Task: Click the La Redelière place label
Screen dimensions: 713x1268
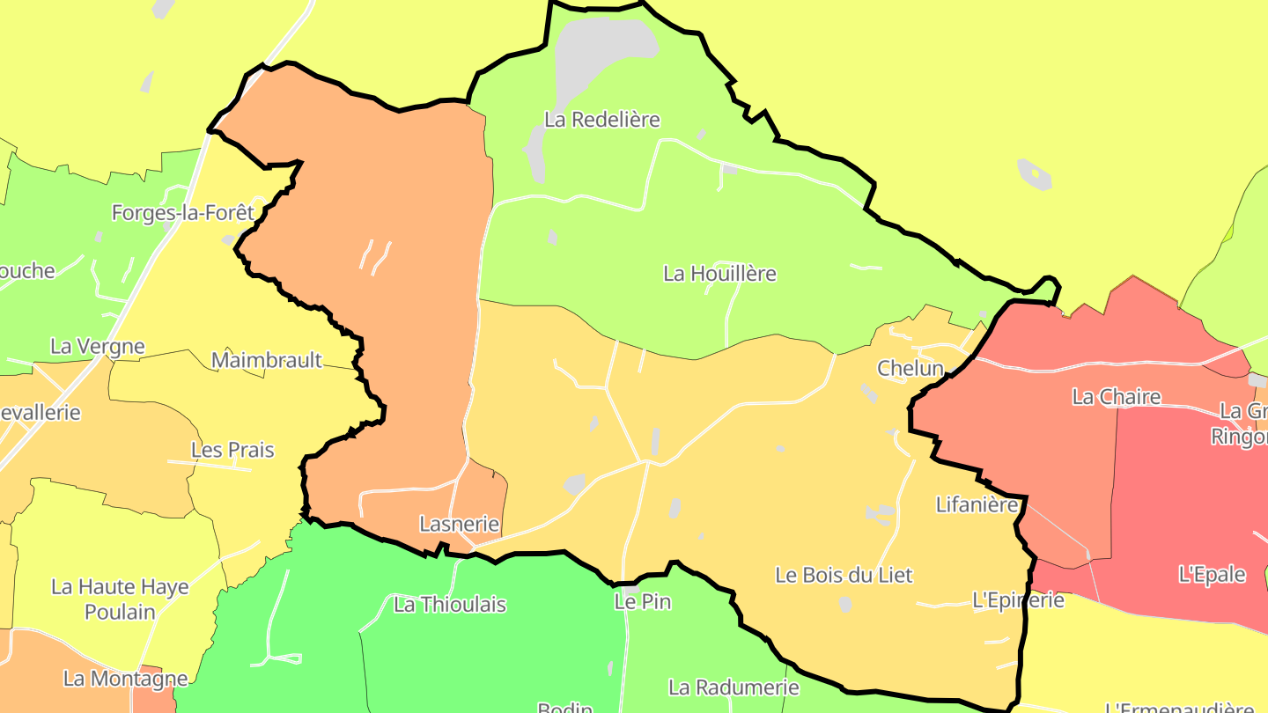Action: (601, 120)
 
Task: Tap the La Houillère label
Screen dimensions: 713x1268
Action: (719, 274)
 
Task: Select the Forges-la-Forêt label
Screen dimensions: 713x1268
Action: (183, 212)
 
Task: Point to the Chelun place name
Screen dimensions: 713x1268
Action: (910, 369)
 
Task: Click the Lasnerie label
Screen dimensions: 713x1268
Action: (459, 525)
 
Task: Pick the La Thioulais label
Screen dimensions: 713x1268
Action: (450, 605)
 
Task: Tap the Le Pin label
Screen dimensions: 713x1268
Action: (643, 602)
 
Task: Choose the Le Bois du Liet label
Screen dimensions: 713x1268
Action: (844, 576)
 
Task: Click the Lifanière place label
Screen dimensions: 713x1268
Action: (977, 505)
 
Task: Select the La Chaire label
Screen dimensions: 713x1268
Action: (1116, 397)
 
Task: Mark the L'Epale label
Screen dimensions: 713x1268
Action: (1212, 575)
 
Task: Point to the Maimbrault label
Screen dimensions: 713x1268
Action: (267, 360)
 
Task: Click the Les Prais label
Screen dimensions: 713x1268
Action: (232, 451)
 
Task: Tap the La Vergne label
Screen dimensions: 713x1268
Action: (97, 346)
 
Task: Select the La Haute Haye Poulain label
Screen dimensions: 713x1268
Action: (120, 599)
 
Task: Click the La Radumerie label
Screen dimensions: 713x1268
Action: (734, 687)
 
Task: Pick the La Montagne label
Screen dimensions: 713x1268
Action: (125, 679)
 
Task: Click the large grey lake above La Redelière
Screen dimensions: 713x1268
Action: (603, 53)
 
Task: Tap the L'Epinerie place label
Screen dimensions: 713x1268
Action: (1018, 600)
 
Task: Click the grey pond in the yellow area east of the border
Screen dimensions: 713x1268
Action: (1034, 174)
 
